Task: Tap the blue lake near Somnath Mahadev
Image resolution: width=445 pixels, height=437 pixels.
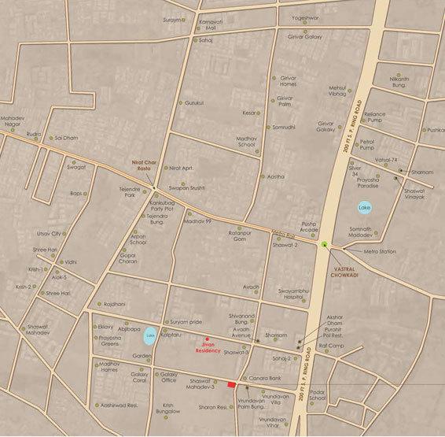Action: point(363,209)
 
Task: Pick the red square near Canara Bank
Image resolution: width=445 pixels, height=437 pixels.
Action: point(231,385)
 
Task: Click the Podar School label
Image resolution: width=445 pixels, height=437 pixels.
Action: point(317,394)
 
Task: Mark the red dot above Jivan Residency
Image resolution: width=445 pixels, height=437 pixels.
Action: point(206,337)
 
